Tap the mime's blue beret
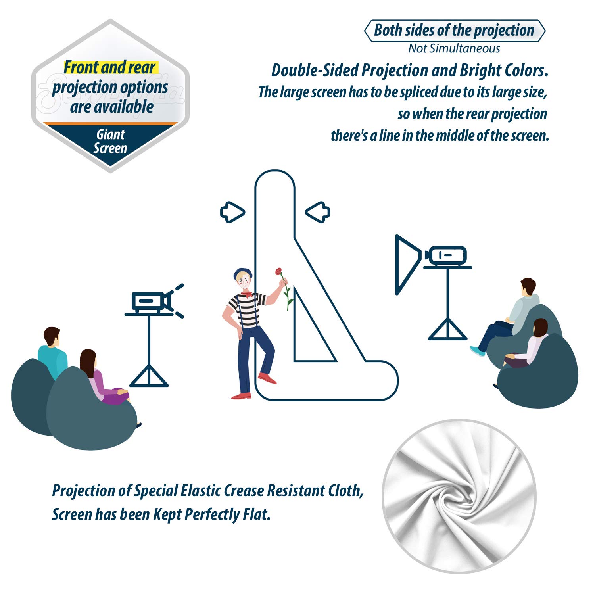click(x=243, y=273)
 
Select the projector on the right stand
click(x=447, y=255)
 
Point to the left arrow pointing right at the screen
click(x=232, y=212)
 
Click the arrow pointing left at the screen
click(x=318, y=212)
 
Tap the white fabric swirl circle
click(x=459, y=496)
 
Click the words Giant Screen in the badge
click(x=110, y=141)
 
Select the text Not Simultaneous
click(x=454, y=48)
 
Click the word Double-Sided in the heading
click(x=315, y=71)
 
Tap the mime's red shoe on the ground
click(x=241, y=395)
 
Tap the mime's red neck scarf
click(x=246, y=294)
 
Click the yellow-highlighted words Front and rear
click(x=110, y=67)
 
